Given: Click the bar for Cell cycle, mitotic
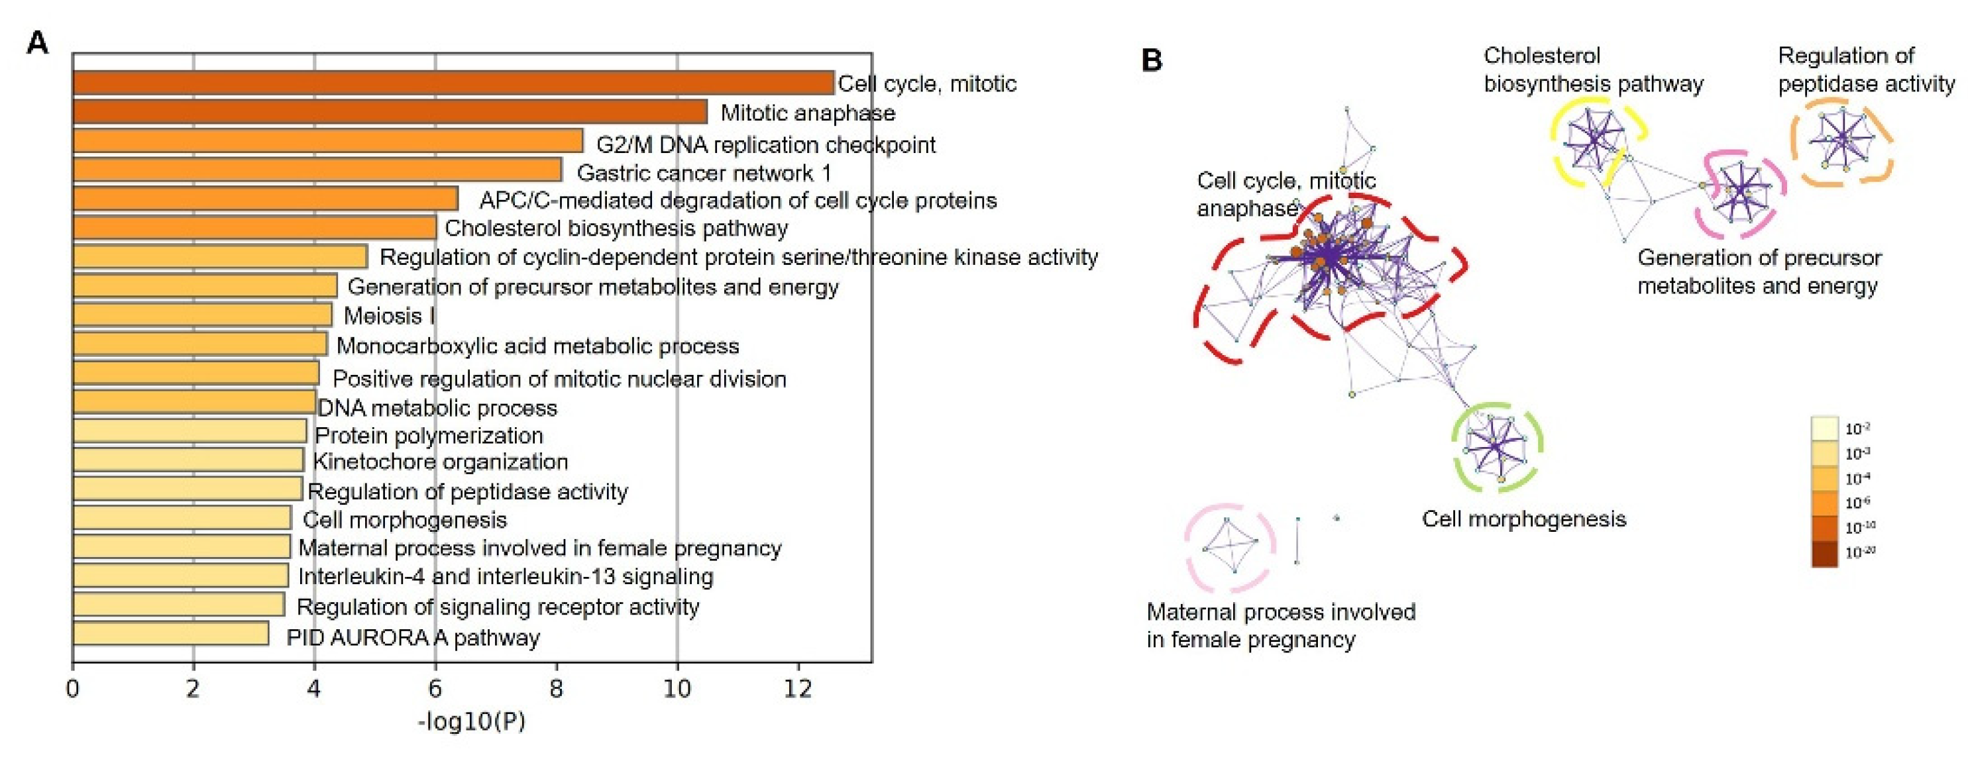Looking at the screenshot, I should tap(453, 83).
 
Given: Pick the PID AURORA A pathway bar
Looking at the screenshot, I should tap(170, 634).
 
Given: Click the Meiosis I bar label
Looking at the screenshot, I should tap(389, 315).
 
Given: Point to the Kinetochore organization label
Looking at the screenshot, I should tap(440, 462).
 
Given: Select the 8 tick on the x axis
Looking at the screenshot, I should tap(555, 689).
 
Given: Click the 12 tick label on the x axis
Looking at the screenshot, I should tap(798, 689).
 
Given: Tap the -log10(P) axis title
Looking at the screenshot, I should tap(471, 722).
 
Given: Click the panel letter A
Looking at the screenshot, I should tap(36, 44).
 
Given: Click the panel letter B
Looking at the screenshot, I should tap(1151, 60).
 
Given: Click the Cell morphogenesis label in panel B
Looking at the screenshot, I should tap(1523, 519).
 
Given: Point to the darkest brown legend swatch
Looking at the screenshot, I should tap(1824, 554).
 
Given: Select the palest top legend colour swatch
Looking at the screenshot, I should tap(1824, 428).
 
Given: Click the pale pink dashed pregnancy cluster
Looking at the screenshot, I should tap(1229, 548).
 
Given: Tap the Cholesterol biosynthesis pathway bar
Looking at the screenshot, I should tap(254, 228).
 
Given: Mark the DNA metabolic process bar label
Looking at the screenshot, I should tap(437, 408).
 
